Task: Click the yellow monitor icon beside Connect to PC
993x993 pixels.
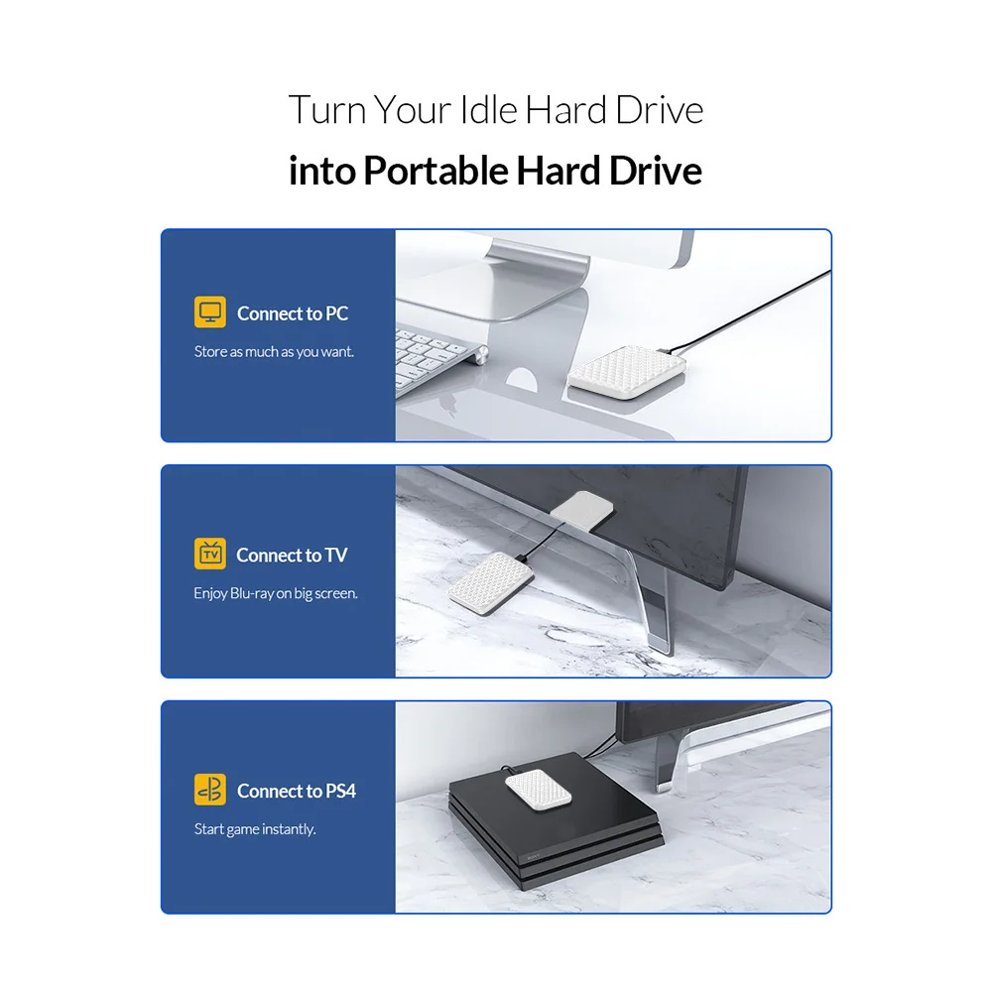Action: pos(210,312)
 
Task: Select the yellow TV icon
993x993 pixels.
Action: pos(210,555)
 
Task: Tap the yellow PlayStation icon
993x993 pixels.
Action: pos(210,790)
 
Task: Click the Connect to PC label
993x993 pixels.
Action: pos(293,313)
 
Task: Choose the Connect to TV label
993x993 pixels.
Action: pos(292,556)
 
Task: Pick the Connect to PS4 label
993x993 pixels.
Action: pos(297,791)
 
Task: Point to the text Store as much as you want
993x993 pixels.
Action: pos(274,351)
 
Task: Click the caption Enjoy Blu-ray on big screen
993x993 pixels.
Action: pos(276,593)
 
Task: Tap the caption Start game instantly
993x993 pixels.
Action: pos(255,829)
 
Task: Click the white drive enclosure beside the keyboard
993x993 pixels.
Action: pos(626,372)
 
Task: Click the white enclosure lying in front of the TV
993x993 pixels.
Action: pos(491,583)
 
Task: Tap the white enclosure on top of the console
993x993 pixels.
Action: pos(539,789)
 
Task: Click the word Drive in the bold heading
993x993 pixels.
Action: pos(656,171)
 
